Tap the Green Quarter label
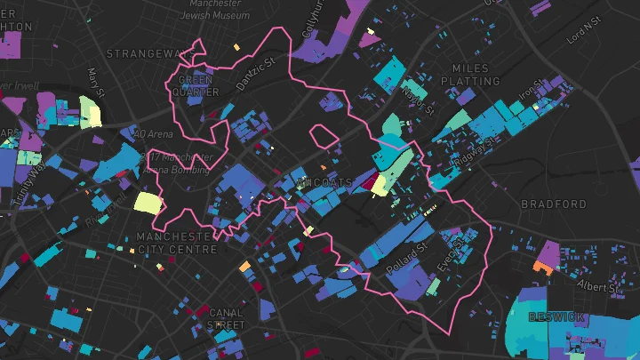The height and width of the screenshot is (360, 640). pyautogui.click(x=196, y=84)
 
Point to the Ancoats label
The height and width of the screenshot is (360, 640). pyautogui.click(x=327, y=183)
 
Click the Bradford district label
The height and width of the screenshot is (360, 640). pyautogui.click(x=555, y=204)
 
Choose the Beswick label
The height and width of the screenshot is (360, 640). pyautogui.click(x=556, y=317)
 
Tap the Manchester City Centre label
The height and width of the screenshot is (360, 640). pyautogui.click(x=177, y=244)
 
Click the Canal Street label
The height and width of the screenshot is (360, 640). pyautogui.click(x=225, y=319)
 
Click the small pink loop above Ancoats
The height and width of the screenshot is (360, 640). pyautogui.click(x=324, y=136)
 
